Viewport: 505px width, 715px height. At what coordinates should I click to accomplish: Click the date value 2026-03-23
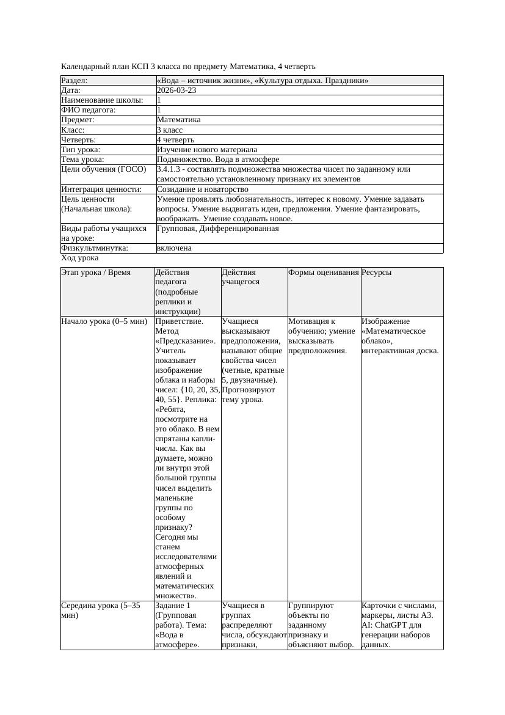(x=176, y=90)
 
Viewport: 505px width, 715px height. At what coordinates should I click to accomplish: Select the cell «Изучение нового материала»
(x=207, y=150)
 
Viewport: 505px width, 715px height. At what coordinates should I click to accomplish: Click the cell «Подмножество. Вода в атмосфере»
(x=218, y=159)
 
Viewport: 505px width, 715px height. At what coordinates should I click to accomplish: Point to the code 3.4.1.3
(x=170, y=169)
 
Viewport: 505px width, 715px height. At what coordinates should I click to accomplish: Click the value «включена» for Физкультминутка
(x=174, y=248)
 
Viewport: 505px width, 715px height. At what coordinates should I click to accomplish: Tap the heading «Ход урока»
(x=79, y=258)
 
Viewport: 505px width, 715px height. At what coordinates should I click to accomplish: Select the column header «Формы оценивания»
(x=324, y=273)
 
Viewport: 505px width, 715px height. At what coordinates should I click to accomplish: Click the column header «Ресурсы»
(x=377, y=273)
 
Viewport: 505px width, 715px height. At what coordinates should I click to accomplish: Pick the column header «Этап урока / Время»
(x=96, y=273)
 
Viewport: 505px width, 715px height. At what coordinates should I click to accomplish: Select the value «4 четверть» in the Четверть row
(x=177, y=140)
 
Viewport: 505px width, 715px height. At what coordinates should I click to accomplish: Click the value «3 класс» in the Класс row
(x=170, y=130)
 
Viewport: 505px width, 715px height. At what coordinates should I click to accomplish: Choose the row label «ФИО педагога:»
(x=89, y=110)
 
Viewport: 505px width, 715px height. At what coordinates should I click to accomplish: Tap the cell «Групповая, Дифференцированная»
(x=218, y=229)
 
